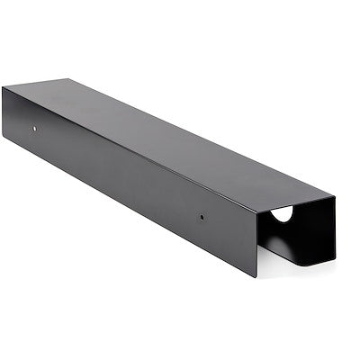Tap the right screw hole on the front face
tap(202, 217)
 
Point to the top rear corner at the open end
tap(335, 195)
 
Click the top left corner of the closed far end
tap(3, 87)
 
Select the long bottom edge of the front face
tap(135, 208)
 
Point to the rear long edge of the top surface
tap(198, 136)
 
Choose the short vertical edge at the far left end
tap(3, 112)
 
